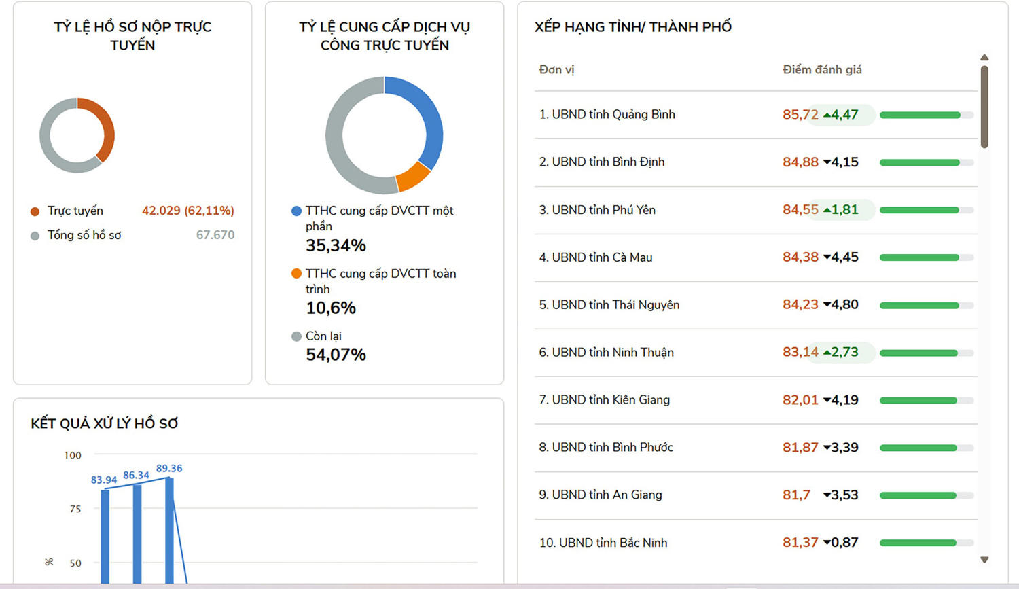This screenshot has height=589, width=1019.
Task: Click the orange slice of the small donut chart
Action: pyautogui.click(x=105, y=125)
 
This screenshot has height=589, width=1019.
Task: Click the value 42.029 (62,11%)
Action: pyautogui.click(x=187, y=211)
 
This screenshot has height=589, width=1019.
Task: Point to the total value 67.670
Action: pyautogui.click(x=215, y=235)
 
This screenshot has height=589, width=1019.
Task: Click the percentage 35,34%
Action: pyautogui.click(x=336, y=245)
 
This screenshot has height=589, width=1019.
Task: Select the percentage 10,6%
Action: pyautogui.click(x=331, y=308)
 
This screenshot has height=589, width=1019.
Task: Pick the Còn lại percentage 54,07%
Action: pyautogui.click(x=336, y=355)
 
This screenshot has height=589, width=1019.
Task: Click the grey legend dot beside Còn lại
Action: pyautogui.click(x=296, y=336)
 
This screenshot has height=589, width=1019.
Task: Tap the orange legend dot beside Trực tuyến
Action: pyautogui.click(x=35, y=211)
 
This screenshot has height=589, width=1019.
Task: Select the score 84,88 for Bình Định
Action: pyautogui.click(x=800, y=162)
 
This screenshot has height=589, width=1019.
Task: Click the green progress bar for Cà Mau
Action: pyautogui.click(x=918, y=257)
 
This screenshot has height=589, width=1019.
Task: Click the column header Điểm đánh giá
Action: pyautogui.click(x=822, y=69)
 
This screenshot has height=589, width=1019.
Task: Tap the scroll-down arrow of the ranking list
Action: pyautogui.click(x=984, y=560)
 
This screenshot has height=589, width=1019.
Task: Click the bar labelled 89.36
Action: pyautogui.click(x=169, y=530)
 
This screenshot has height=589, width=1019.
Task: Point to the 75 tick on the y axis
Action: pyautogui.click(x=75, y=509)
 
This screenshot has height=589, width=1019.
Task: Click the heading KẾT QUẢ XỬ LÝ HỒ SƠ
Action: pyautogui.click(x=105, y=423)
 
